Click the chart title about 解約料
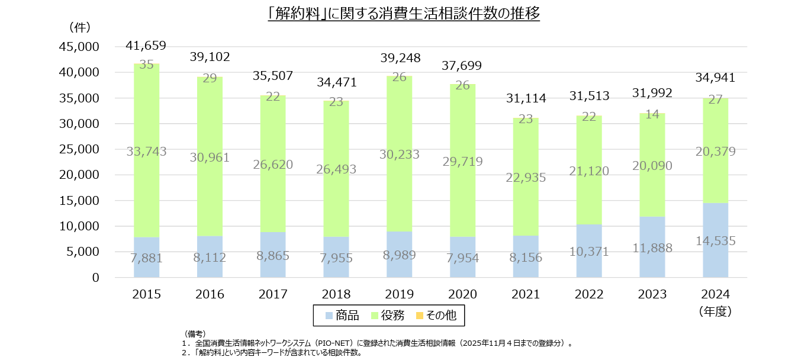click(x=404, y=13)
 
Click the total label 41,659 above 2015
click(x=146, y=45)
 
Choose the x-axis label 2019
click(x=400, y=294)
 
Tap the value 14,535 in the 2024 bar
click(x=715, y=241)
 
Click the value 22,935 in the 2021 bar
click(x=526, y=177)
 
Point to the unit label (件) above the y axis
click(x=79, y=27)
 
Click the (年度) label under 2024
click(x=715, y=310)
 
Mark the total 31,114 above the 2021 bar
click(x=526, y=98)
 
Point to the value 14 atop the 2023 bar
click(x=652, y=114)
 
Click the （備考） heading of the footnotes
click(x=194, y=334)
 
